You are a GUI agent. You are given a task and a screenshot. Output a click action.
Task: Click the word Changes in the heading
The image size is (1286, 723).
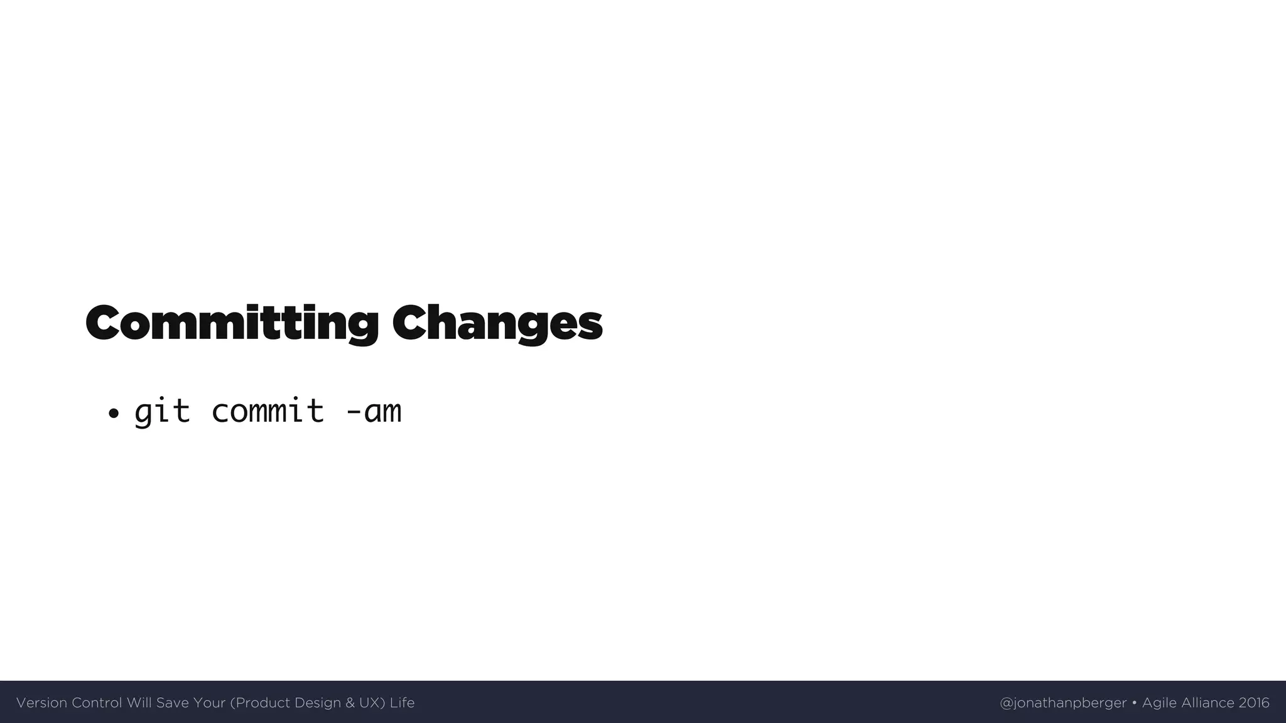point(497,323)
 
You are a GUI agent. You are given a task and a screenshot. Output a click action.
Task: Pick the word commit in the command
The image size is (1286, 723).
point(267,412)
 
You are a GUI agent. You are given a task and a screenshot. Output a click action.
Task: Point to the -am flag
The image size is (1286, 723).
point(374,412)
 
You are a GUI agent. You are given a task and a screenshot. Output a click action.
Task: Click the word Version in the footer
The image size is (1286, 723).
point(41,703)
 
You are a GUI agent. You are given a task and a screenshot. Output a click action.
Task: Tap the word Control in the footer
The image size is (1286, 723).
point(97,703)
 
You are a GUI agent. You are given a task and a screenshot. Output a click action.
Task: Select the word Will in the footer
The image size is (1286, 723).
point(139,703)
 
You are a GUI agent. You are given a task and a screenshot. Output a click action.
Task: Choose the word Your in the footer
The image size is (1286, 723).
point(210,703)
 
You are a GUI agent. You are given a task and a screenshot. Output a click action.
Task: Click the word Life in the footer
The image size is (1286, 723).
point(402,703)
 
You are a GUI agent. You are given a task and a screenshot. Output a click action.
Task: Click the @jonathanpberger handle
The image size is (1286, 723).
point(1063,703)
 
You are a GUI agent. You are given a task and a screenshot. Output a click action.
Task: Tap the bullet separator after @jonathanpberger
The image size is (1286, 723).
point(1135,703)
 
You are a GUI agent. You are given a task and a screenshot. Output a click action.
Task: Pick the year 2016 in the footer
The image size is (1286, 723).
point(1254,703)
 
